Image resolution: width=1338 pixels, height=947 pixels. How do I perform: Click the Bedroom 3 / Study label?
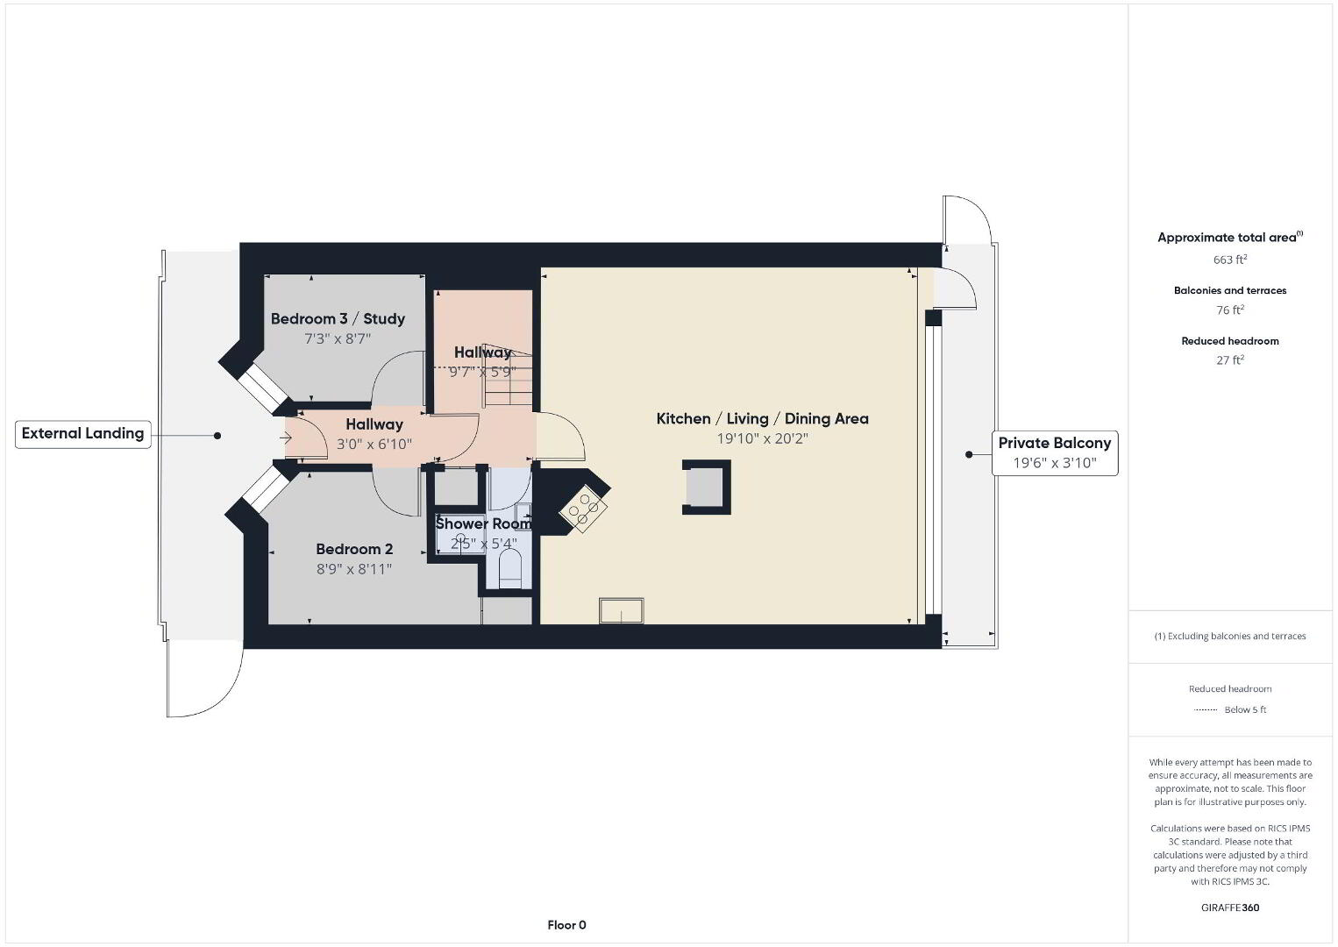(338, 318)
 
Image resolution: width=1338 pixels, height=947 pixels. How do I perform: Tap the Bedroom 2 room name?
(354, 549)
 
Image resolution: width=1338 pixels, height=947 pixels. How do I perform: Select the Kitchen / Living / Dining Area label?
(762, 418)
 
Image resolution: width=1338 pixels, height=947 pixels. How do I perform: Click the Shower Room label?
(483, 523)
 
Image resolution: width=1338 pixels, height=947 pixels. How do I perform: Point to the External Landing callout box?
(83, 434)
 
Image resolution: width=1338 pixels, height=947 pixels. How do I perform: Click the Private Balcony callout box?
(1055, 452)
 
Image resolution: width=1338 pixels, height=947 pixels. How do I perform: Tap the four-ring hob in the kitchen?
(583, 509)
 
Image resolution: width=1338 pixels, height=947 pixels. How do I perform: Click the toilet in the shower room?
(510, 569)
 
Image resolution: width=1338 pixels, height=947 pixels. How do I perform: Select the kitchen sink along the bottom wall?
(621, 610)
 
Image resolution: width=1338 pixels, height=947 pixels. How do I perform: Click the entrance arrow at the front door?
(286, 438)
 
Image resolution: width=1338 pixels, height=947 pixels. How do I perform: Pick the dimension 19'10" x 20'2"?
(762, 438)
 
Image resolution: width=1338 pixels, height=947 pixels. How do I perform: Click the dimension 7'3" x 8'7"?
(338, 338)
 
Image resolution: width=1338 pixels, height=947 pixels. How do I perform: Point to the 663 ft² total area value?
(1230, 260)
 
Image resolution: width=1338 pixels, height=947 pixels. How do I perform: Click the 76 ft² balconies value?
(1230, 310)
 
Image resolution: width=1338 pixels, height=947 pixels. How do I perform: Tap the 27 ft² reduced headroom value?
(1230, 360)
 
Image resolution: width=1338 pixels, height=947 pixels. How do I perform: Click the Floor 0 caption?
(567, 925)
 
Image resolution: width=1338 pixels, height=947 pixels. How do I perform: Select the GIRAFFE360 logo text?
(1230, 908)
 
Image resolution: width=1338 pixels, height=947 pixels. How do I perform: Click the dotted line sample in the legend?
(1206, 709)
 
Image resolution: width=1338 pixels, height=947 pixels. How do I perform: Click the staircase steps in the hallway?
(508, 376)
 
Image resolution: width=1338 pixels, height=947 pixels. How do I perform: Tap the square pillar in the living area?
(706, 487)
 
